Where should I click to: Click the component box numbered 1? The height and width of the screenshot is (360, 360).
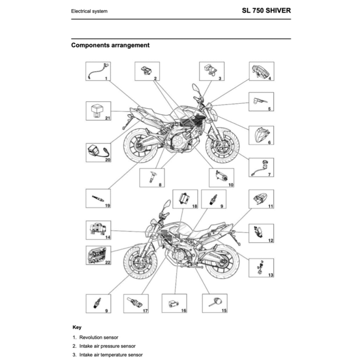point(98,71)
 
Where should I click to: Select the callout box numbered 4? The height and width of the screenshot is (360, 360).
point(262,71)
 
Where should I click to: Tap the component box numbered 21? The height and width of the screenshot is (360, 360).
point(98,111)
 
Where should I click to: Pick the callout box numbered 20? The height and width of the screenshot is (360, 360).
point(98,153)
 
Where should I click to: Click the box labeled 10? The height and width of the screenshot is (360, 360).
point(221,178)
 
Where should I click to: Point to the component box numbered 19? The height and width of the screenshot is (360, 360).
point(98,198)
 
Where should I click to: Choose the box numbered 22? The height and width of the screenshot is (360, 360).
point(98,255)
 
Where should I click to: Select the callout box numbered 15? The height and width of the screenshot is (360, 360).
point(215,303)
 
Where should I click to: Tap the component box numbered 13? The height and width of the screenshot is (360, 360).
point(262,268)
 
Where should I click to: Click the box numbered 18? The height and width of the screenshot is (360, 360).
point(185,199)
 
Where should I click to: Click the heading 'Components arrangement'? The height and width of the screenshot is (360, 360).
point(110,45)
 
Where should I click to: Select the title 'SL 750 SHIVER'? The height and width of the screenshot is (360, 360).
point(266,10)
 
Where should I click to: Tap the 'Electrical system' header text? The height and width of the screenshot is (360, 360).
point(89,11)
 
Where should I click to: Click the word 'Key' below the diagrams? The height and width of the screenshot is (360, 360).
point(77,327)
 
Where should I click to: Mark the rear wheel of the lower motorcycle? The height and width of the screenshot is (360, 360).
point(222,262)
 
